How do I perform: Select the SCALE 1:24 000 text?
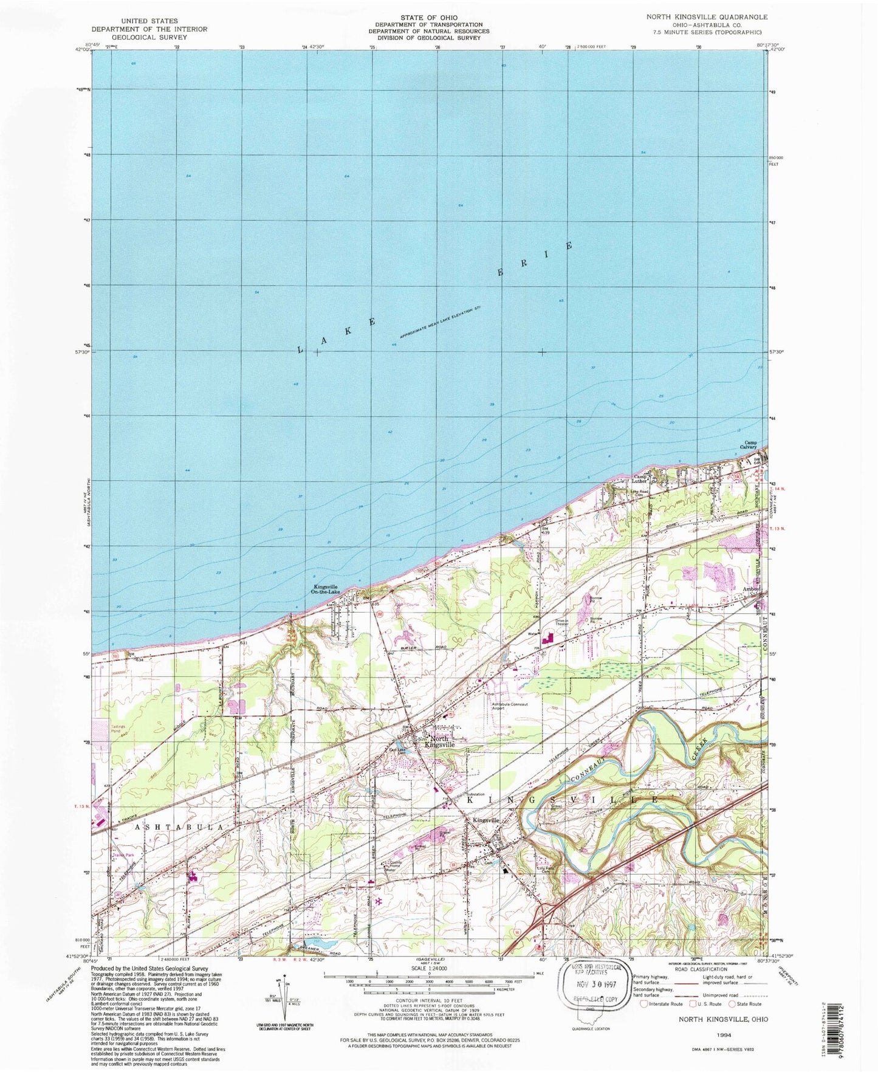click(x=429, y=969)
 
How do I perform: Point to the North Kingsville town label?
click(x=439, y=742)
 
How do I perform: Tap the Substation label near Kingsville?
click(x=475, y=794)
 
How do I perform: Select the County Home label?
click(x=396, y=865)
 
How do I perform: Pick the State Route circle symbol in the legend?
click(x=732, y=1004)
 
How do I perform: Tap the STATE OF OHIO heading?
click(x=429, y=18)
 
